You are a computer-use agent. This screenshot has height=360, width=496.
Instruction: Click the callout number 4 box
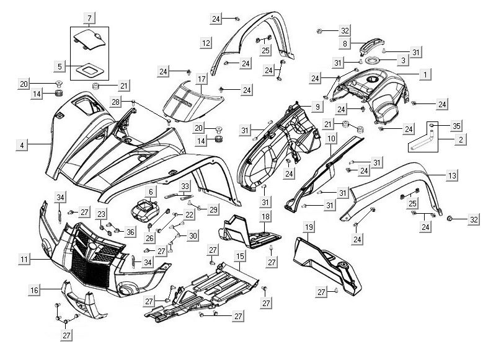pyautogui.click(x=22, y=145)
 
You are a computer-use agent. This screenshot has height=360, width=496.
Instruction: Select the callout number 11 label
pyautogui.click(x=23, y=260)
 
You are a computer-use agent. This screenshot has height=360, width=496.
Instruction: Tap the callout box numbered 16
pyautogui.click(x=35, y=290)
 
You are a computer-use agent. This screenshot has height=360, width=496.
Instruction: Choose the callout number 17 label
pyautogui.click(x=201, y=79)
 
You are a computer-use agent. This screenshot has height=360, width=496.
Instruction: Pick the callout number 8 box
pyautogui.click(x=345, y=44)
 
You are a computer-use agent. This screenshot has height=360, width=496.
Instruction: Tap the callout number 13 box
pyautogui.click(x=452, y=177)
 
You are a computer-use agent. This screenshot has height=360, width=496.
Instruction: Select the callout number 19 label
pyautogui.click(x=308, y=227)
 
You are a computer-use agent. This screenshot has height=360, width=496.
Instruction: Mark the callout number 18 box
pyautogui.click(x=265, y=216)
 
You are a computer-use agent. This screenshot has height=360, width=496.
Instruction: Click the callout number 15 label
pyautogui.click(x=239, y=255)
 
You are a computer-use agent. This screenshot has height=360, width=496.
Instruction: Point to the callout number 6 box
pyautogui.click(x=150, y=192)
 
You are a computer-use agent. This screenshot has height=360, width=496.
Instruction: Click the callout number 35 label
pyautogui.click(x=457, y=126)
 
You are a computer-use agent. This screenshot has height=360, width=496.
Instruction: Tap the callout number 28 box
pyautogui.click(x=115, y=101)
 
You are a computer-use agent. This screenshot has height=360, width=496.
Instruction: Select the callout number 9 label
pyautogui.click(x=317, y=107)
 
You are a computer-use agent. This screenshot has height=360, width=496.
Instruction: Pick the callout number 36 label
pyautogui.click(x=130, y=232)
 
